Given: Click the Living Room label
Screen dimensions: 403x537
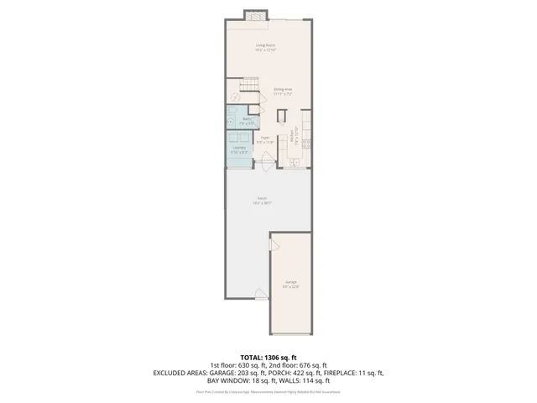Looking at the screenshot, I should [x=266, y=48].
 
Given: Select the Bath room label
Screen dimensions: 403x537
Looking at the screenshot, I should [x=248, y=121].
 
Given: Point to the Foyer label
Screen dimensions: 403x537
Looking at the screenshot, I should [x=264, y=139].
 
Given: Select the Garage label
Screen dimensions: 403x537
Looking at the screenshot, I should [x=290, y=284].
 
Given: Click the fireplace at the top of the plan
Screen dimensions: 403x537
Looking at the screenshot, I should [x=255, y=14].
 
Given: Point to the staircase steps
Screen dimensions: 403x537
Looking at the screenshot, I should [x=247, y=85].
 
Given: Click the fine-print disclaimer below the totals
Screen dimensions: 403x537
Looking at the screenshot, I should [x=268, y=390].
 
